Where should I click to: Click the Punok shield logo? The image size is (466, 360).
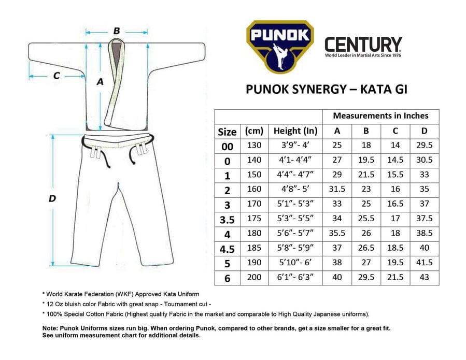(x=280, y=46)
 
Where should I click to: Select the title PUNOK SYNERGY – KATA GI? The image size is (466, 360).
(x=326, y=89)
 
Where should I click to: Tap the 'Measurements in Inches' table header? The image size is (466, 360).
(x=380, y=116)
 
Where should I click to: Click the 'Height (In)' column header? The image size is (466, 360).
(x=295, y=131)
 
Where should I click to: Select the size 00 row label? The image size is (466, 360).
(x=227, y=147)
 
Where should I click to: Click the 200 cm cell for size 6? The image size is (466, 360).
(x=255, y=277)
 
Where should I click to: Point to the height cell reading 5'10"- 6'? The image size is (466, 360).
(x=295, y=263)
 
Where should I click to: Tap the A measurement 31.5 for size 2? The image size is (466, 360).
(x=337, y=190)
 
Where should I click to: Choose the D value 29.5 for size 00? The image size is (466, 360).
(x=425, y=146)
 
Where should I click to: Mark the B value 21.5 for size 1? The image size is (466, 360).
(x=366, y=175)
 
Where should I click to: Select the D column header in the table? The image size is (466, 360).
(x=425, y=131)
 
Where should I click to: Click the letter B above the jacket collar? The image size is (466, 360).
(x=117, y=31)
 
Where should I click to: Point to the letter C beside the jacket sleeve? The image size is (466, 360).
(x=57, y=76)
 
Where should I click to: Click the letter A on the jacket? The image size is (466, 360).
(x=101, y=81)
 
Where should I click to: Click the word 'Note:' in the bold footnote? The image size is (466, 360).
(x=51, y=328)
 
